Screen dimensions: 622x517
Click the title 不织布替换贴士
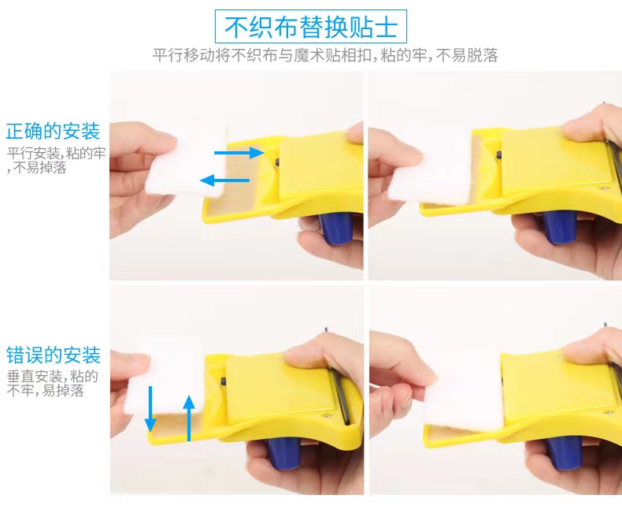[x=310, y=27]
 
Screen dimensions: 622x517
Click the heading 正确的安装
[x=53, y=132]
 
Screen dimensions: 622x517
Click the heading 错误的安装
[x=54, y=355]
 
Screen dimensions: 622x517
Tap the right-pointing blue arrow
[x=239, y=152]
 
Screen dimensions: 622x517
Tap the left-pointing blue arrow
[x=224, y=180]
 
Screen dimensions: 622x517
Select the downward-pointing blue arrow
[x=150, y=409]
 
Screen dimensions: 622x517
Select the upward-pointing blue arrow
[x=189, y=418]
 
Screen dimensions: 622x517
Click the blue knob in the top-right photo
[x=559, y=226]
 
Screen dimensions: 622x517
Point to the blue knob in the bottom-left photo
[x=284, y=453]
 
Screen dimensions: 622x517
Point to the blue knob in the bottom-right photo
[x=563, y=455]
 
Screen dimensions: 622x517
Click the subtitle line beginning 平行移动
[x=325, y=55]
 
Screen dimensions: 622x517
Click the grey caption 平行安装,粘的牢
[x=57, y=153]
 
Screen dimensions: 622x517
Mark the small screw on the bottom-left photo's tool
[x=327, y=416]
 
